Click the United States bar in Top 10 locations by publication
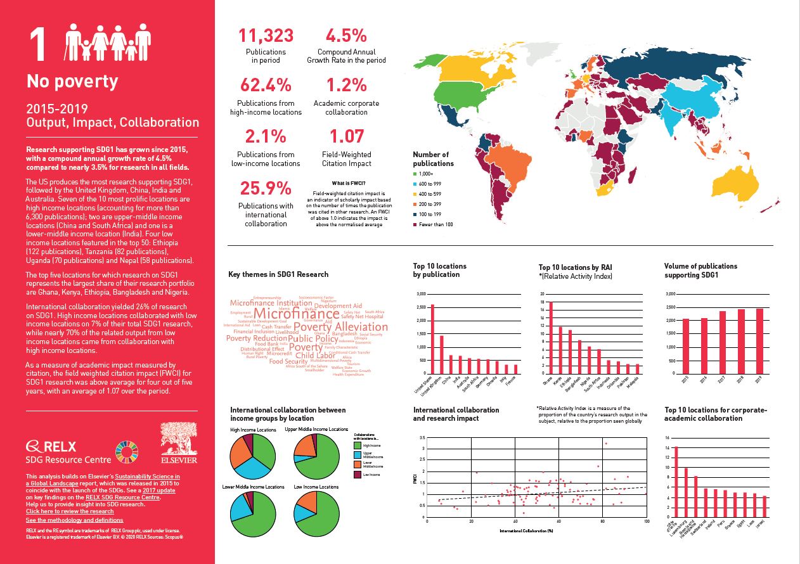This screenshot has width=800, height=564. point(432,339)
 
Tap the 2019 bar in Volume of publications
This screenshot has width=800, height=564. point(759,341)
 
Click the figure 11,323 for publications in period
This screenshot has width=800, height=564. point(266,35)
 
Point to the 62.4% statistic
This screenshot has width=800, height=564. point(266,84)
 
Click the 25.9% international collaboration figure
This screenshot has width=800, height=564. point(266,188)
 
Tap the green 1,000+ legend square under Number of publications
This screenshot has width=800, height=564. point(415,174)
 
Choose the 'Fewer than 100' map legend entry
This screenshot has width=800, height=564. point(437,224)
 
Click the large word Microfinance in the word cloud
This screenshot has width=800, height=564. point(296,314)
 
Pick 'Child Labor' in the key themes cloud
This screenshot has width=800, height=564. point(315,356)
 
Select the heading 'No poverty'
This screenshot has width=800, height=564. point(72,81)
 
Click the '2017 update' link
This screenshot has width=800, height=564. point(158,490)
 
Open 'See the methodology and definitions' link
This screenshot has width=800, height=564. point(75,520)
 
